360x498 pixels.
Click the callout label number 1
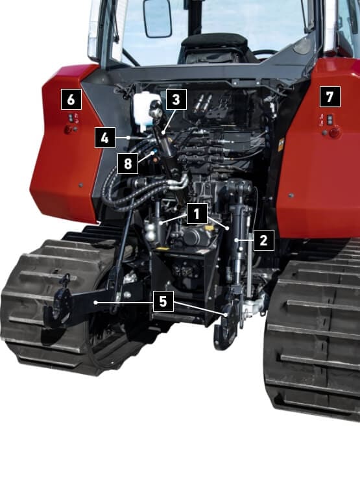pyautogui.click(x=197, y=214)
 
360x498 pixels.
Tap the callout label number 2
pyautogui.click(x=263, y=240)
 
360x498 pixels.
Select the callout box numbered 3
pyautogui.click(x=176, y=99)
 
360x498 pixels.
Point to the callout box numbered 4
pyautogui.click(x=104, y=138)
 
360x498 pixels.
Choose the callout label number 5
pyautogui.click(x=163, y=301)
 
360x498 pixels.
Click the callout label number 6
pyautogui.click(x=71, y=99)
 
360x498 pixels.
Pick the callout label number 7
pyautogui.click(x=330, y=97)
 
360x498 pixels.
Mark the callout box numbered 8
pyautogui.click(x=128, y=164)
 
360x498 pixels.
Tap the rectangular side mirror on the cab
pyautogui.click(x=158, y=18)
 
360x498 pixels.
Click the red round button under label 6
pyautogui.click(x=68, y=130)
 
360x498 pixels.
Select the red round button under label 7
pyautogui.click(x=334, y=132)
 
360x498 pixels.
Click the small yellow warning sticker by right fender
pyautogui.click(x=281, y=145)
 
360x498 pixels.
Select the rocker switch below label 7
pyautogui.click(x=331, y=119)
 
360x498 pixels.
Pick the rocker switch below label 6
pyautogui.click(x=71, y=118)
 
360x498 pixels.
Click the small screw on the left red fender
pyautogui.click(x=81, y=185)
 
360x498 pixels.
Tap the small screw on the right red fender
pyautogui.click(x=291, y=195)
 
